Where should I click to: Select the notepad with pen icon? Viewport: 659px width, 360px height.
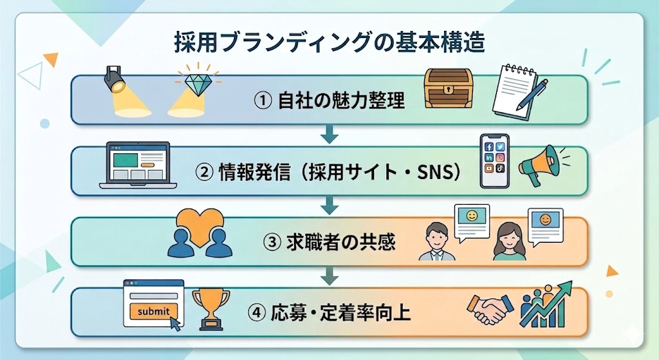(x=518, y=91)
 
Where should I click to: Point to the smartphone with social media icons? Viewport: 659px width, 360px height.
(x=494, y=161)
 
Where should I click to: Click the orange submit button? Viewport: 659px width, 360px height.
(x=153, y=312)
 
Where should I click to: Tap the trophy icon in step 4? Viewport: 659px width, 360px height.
(x=210, y=308)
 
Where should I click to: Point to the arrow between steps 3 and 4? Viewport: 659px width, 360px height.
(x=329, y=277)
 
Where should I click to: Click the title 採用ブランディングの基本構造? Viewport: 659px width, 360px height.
(x=329, y=44)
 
